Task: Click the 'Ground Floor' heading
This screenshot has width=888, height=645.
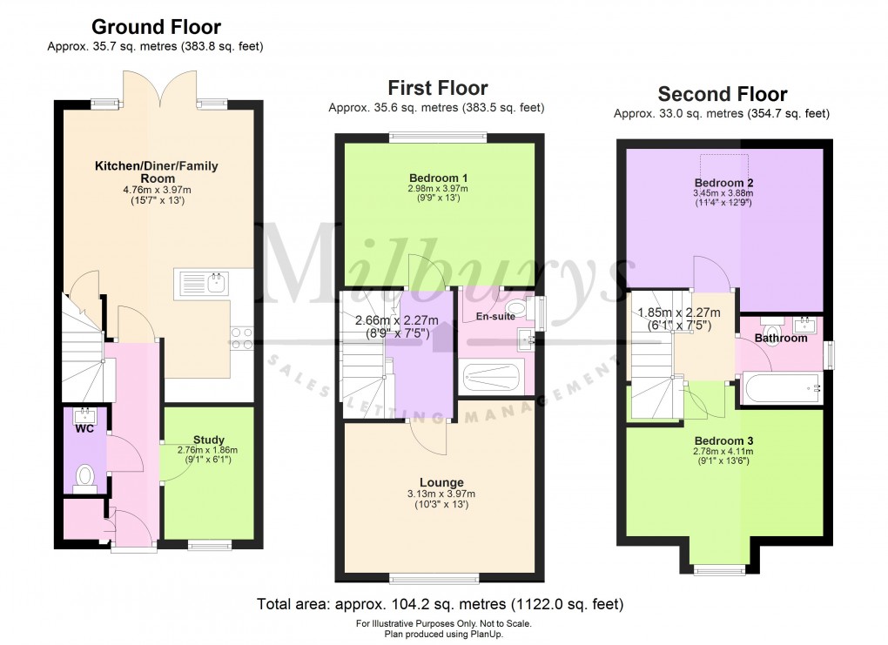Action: [156, 27]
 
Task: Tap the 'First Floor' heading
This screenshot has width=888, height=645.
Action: [437, 88]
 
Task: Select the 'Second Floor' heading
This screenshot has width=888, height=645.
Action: [722, 94]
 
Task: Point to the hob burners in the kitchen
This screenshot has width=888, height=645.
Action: [242, 338]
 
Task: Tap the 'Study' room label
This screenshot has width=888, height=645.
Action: [208, 440]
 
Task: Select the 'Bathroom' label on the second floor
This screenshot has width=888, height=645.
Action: [781, 338]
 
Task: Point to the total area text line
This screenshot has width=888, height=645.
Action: [440, 603]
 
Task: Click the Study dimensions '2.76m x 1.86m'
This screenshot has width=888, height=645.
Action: [208, 450]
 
